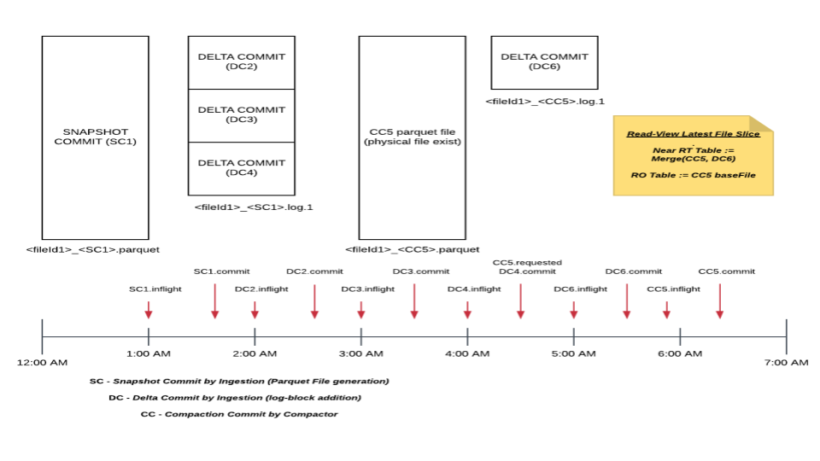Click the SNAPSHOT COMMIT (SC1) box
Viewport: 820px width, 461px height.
[x=95, y=137]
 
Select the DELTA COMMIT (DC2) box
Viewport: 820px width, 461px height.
[x=241, y=61]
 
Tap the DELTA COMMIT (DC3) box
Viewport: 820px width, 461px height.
[x=241, y=114]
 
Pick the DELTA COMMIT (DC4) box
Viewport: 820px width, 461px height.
[x=241, y=168]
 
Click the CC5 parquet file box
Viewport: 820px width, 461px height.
[x=412, y=137]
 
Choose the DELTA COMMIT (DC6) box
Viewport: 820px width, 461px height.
[x=544, y=61]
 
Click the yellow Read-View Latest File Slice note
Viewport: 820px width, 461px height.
[x=692, y=157]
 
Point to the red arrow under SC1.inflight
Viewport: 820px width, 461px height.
[x=149, y=309]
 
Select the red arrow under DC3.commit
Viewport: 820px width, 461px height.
[x=414, y=301]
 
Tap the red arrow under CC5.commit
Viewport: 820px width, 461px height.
[x=719, y=301]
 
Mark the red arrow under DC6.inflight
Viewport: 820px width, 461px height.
[x=574, y=309]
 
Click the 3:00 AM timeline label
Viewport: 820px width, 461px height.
[x=361, y=353]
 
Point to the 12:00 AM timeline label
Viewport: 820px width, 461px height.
[x=42, y=363]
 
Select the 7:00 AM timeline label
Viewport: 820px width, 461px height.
[x=787, y=363]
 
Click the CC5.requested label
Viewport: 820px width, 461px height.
[x=528, y=262]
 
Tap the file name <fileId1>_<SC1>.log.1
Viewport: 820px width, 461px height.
[x=254, y=207]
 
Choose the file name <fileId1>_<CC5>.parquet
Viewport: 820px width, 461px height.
[x=412, y=249]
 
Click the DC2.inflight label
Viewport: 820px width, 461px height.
[x=255, y=289]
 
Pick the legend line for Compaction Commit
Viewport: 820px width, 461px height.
[x=238, y=414]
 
